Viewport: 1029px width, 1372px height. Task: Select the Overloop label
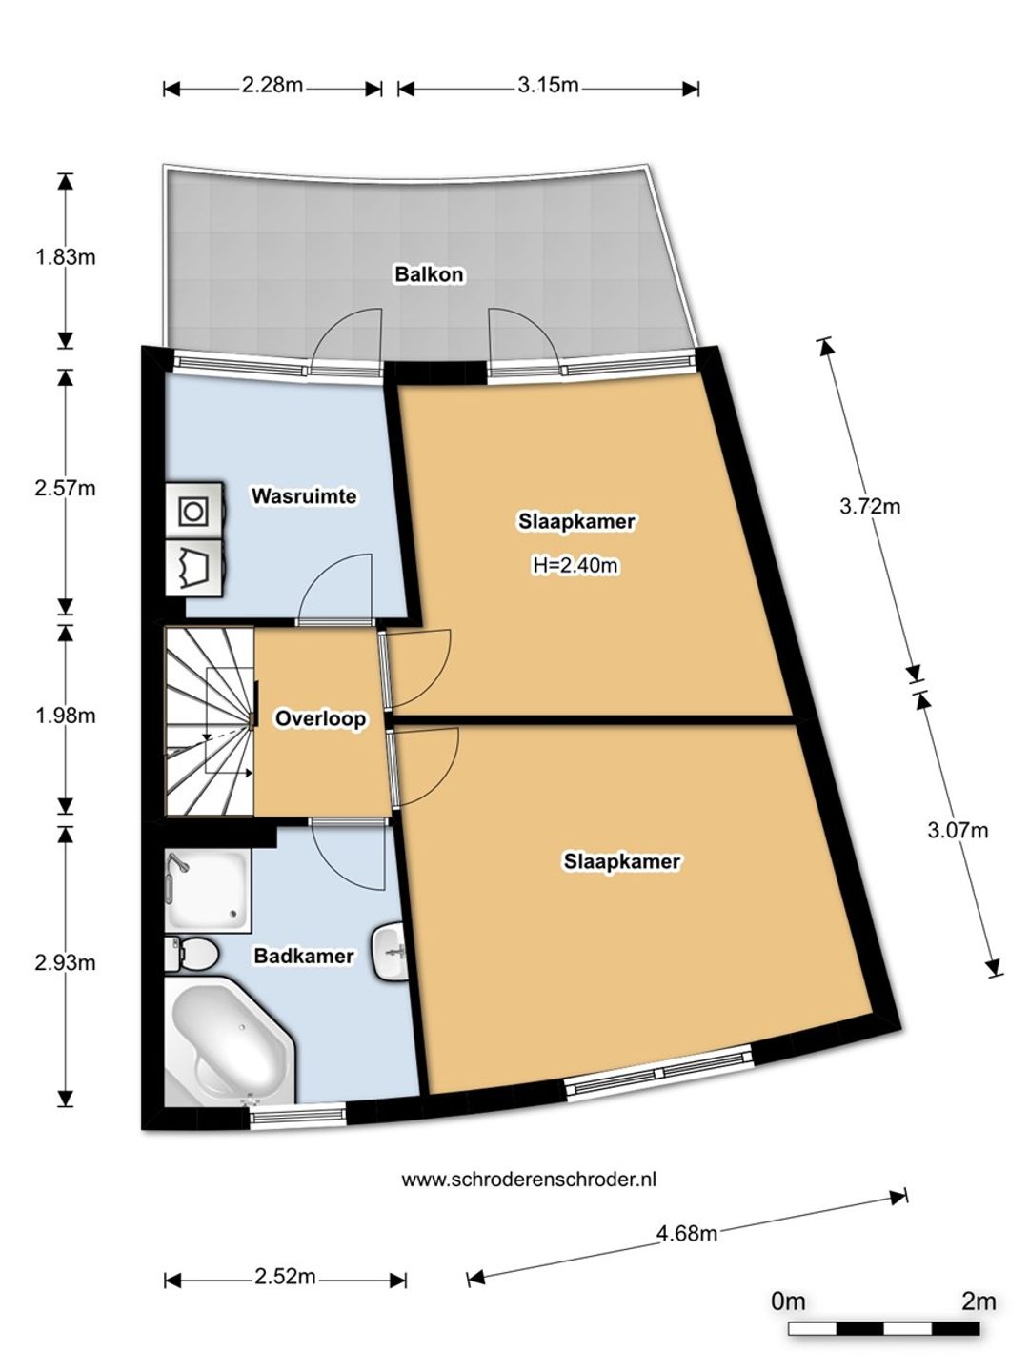coord(320,718)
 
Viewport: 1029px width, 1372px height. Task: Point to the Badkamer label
coord(304,955)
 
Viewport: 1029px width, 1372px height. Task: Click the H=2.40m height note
coord(575,565)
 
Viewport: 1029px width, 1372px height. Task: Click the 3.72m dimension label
coord(870,506)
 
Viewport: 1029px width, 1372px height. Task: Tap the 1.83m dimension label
coord(65,256)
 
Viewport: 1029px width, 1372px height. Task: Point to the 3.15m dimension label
coord(548,85)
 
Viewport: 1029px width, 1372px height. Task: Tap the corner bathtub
coord(230,1040)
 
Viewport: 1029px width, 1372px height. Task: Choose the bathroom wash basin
coord(390,952)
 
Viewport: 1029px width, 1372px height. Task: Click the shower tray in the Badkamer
coord(208,890)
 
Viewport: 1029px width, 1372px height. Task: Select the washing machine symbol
coord(195,512)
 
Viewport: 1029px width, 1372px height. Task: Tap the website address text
coord(529,1180)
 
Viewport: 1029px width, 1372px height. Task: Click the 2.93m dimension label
coord(65,963)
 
